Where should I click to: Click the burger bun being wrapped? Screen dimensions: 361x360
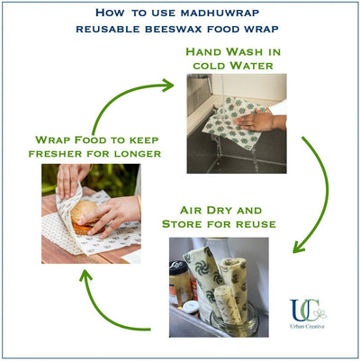click(x=84, y=215)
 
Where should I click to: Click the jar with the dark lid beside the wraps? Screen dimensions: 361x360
click(x=181, y=284)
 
